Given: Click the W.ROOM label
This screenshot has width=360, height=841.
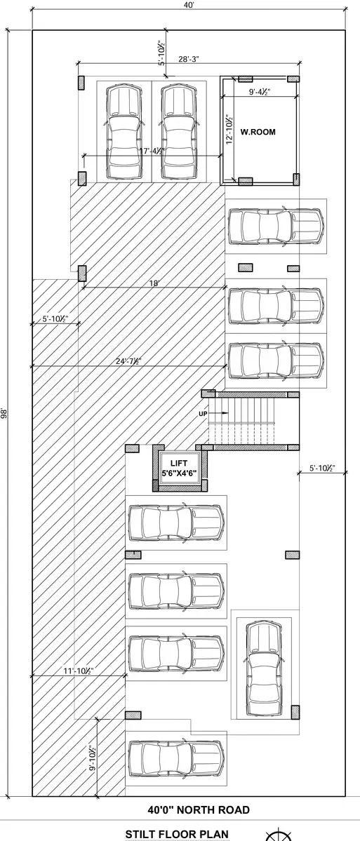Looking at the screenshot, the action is coord(258,131).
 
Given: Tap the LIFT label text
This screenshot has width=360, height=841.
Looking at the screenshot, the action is coord(179,463).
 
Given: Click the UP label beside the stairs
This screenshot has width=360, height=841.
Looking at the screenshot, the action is coord(203,414).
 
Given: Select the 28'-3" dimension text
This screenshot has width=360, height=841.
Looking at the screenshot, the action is coord(188,60).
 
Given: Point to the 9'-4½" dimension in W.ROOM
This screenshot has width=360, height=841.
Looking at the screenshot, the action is coord(259,92).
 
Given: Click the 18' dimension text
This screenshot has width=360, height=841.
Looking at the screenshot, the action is coord(154,283).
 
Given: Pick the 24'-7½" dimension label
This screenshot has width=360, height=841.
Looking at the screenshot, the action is coord(128,361).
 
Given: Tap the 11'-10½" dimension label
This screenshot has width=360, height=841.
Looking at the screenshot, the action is coord(79,671).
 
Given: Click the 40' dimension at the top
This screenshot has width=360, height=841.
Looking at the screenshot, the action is coord(188,5).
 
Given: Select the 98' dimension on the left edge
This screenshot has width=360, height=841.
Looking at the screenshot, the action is coord(4,414).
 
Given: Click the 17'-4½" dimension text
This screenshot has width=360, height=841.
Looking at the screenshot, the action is coord(152,152).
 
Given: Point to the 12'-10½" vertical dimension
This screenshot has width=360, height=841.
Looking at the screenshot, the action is coord(229,129).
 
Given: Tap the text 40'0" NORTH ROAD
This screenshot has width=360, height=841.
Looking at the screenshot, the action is coord(199,810).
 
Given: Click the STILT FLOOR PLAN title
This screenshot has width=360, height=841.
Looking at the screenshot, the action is coord(177,835).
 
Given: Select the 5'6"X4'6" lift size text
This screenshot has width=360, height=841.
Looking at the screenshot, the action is coord(180,473).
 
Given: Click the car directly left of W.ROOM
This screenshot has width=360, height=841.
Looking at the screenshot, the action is coord(178,132).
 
